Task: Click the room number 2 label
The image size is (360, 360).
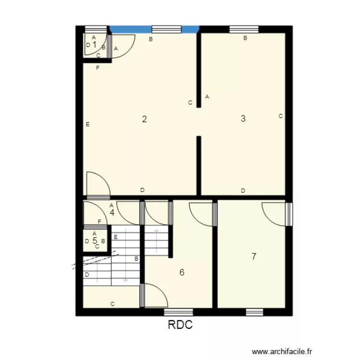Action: [x=144, y=119]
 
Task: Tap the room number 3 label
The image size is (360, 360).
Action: [x=243, y=119]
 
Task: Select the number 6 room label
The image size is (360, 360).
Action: [x=181, y=272]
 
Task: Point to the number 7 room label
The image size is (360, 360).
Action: [x=254, y=256]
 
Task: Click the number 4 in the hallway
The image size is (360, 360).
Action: [x=112, y=212]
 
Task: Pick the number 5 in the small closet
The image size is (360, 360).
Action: [x=95, y=240]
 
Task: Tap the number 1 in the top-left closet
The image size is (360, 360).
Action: [x=95, y=45]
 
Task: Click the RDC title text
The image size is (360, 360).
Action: [x=180, y=325]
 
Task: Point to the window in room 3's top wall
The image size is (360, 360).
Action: [x=244, y=29]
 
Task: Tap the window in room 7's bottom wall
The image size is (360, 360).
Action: [x=254, y=312]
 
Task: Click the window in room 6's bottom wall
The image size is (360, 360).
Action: [x=179, y=312]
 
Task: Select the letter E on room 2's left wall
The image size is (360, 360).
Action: [x=87, y=124]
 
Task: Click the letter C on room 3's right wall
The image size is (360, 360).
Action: [x=280, y=116]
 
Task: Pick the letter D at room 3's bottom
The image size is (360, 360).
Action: [x=243, y=191]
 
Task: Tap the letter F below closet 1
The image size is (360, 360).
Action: [x=97, y=68]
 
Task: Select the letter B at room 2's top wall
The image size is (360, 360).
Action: [x=150, y=39]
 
